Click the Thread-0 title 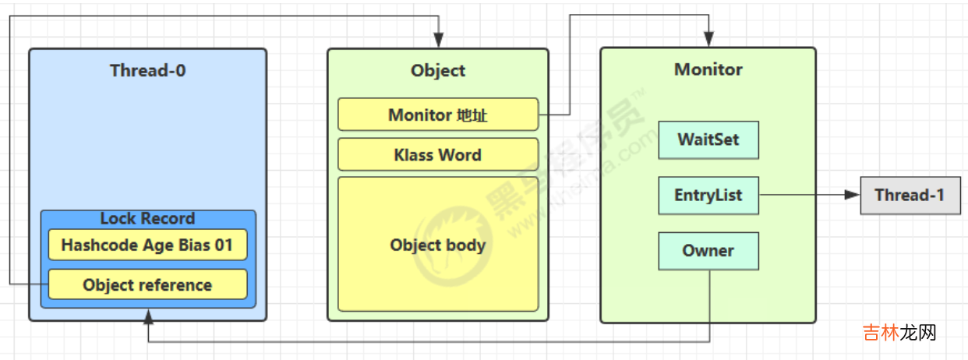tap(147, 71)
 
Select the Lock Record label tap(147, 218)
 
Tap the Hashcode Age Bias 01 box tap(147, 245)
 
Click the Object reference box tap(147, 284)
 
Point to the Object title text tap(438, 71)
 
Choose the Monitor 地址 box tap(438, 115)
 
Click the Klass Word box tap(438, 154)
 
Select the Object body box tap(438, 245)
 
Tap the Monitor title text tap(708, 69)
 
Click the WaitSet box tap(708, 140)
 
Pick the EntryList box tap(708, 195)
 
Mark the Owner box tap(708, 251)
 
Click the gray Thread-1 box tap(909, 195)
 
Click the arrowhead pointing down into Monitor tap(708, 40)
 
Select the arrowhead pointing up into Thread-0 tap(148, 316)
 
